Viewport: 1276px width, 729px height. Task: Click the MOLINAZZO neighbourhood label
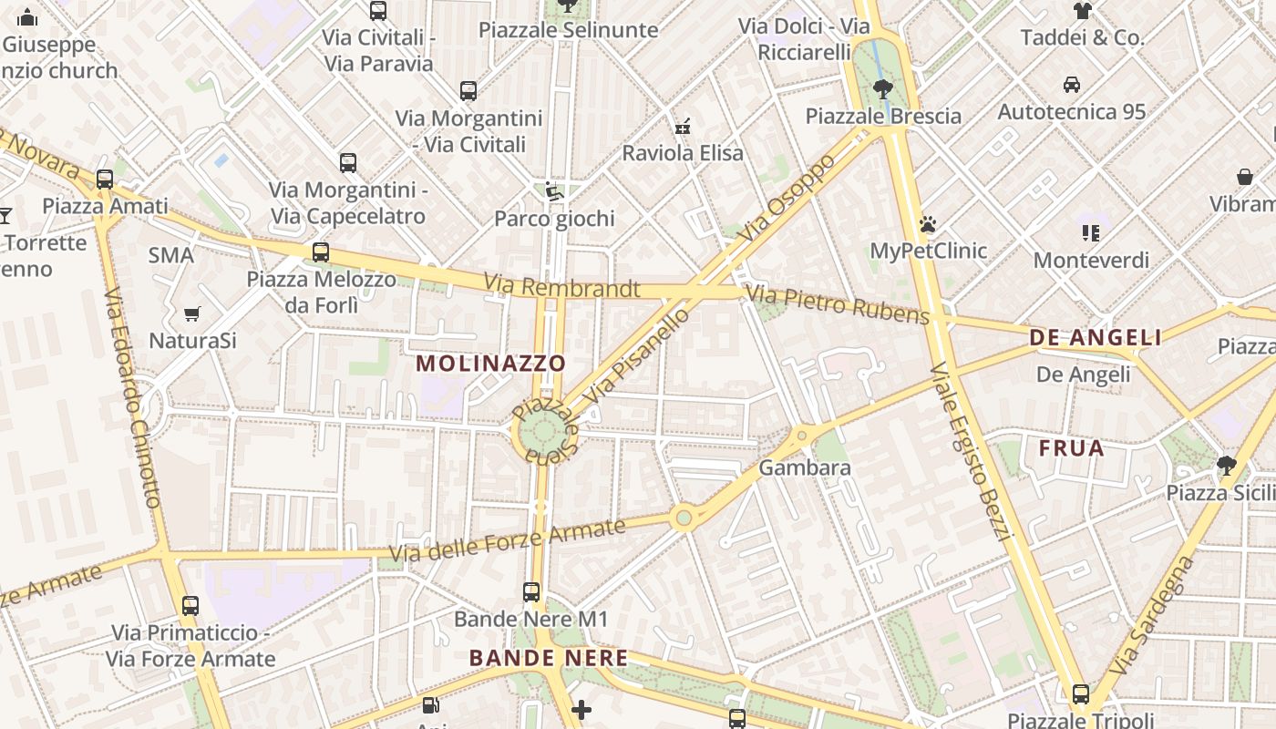(490, 364)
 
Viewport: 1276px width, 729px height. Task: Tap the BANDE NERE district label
(549, 658)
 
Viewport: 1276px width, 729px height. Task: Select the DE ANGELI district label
(1096, 338)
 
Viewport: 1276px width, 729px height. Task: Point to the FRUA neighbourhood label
(1072, 448)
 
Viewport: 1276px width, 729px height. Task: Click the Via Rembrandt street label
(561, 287)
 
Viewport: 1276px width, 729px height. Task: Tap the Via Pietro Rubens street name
(838, 305)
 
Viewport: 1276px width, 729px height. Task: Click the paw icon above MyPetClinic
(928, 224)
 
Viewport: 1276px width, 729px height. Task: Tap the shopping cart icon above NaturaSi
(192, 314)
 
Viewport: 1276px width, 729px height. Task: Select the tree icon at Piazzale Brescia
(882, 89)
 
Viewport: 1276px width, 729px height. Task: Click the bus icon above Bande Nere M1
(531, 592)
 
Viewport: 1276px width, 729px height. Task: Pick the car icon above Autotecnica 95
(1072, 85)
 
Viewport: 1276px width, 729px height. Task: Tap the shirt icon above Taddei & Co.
(1082, 11)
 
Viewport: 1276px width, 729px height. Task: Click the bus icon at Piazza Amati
(105, 180)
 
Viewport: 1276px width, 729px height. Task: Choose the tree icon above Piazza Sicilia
(1226, 466)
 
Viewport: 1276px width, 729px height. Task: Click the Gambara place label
(805, 468)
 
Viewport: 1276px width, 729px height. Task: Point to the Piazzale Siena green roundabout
(544, 434)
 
